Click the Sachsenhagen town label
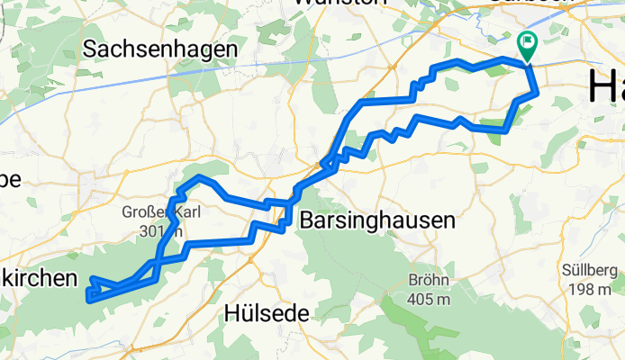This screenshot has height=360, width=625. point(160,49)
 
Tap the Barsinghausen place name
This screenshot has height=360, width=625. point(376,220)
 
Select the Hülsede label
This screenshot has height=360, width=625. point(266,313)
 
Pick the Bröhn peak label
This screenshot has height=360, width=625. point(428,278)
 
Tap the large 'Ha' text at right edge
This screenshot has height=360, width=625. point(606,86)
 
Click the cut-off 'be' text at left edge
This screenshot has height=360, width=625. point(10,178)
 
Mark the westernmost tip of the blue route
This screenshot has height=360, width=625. point(87,294)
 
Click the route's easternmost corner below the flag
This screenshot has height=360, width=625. point(538,91)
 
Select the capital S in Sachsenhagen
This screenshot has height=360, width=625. point(90,49)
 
